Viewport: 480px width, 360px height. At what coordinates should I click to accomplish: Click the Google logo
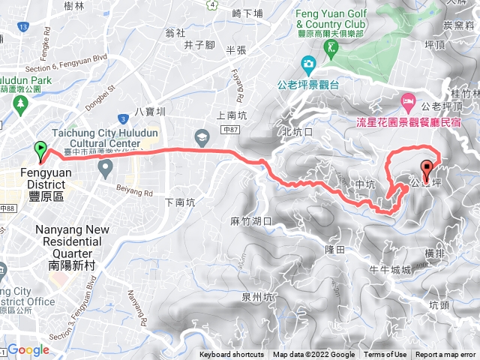click(28, 349)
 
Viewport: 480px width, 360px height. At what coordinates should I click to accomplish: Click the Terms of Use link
click(385, 355)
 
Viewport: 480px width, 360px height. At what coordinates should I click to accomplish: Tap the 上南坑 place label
click(230, 116)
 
